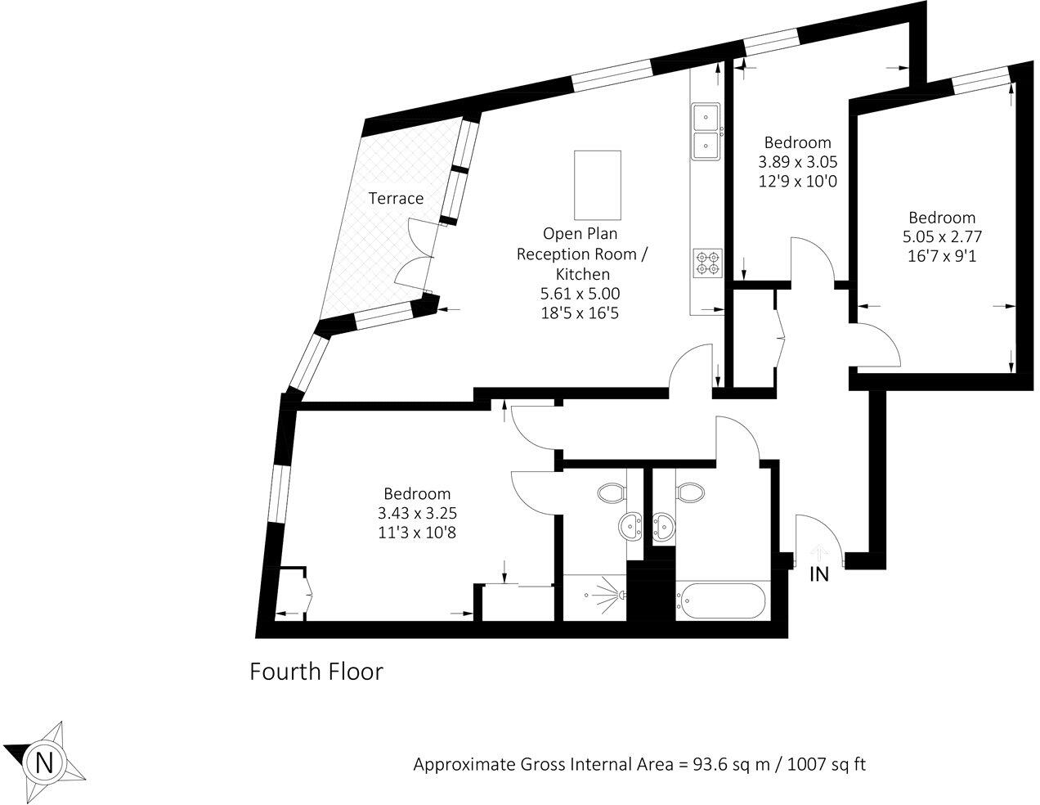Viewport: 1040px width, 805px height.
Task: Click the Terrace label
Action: pyautogui.click(x=396, y=198)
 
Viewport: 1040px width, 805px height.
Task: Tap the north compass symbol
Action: pyautogui.click(x=45, y=762)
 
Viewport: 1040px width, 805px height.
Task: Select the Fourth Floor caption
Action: pyautogui.click(x=316, y=672)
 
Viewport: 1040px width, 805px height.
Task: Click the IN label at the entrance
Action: pyautogui.click(x=818, y=574)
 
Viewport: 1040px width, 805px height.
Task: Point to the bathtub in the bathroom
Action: pyautogui.click(x=722, y=603)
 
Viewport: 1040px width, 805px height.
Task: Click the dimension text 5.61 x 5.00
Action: pyautogui.click(x=583, y=293)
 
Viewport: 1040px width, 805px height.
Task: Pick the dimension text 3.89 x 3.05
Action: pyautogui.click(x=796, y=161)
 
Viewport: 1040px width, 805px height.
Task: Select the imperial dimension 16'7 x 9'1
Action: pyautogui.click(x=942, y=256)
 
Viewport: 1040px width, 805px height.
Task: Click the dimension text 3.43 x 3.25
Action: pyautogui.click(x=417, y=514)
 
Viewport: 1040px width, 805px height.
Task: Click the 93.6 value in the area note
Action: pyautogui.click(x=709, y=765)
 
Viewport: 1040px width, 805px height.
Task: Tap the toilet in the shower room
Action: pyautogui.click(x=610, y=492)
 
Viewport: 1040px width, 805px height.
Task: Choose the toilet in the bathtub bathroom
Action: pyautogui.click(x=691, y=492)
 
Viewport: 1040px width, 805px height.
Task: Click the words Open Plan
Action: pyautogui.click(x=580, y=234)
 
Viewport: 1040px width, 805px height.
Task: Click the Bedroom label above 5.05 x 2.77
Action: pyautogui.click(x=942, y=218)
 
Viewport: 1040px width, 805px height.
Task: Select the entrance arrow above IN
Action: pyautogui.click(x=818, y=553)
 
